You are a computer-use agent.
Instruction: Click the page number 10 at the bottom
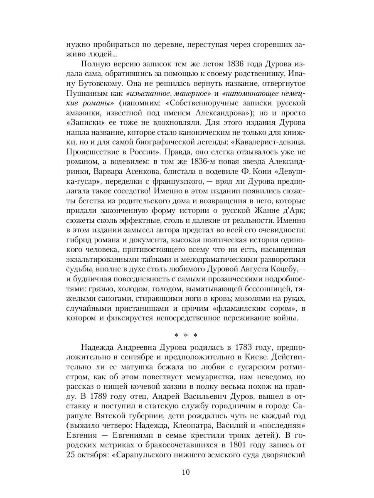pos(186,472)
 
